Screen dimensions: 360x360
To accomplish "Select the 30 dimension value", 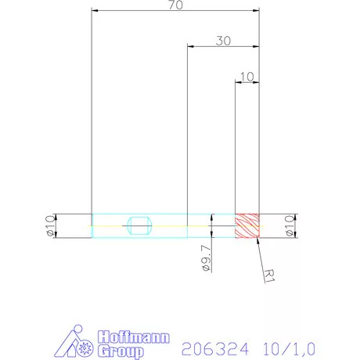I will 223,42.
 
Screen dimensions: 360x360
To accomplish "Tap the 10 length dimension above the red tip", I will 247,77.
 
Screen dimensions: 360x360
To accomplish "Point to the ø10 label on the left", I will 49,225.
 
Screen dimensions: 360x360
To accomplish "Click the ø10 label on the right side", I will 289,225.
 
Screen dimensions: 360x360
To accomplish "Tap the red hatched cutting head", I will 247,225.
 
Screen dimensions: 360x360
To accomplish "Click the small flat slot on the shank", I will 139,226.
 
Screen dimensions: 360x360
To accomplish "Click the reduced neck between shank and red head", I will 211,225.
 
